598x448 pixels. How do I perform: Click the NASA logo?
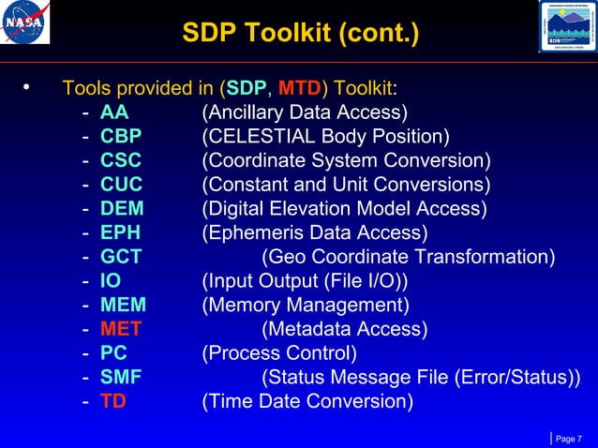click(x=25, y=25)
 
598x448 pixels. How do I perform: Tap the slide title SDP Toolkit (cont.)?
click(x=300, y=35)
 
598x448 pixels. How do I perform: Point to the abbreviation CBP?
click(x=121, y=138)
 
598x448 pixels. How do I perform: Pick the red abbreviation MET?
click(x=121, y=329)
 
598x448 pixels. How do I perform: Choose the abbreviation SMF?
click(x=121, y=378)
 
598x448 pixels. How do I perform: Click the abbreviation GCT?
click(x=121, y=257)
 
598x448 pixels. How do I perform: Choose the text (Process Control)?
click(x=279, y=353)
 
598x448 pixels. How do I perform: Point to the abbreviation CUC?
click(x=121, y=184)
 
